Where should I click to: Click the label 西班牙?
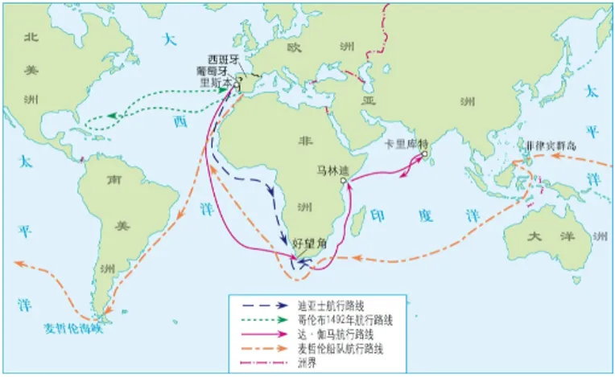(x=223, y=59)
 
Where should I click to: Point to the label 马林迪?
(x=332, y=170)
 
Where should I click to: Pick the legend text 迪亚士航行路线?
(x=329, y=306)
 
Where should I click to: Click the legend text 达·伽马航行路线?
(x=329, y=334)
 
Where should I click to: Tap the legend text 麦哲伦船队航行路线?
(x=335, y=348)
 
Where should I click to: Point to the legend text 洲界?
(x=307, y=362)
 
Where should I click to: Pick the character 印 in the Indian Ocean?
(x=377, y=215)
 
